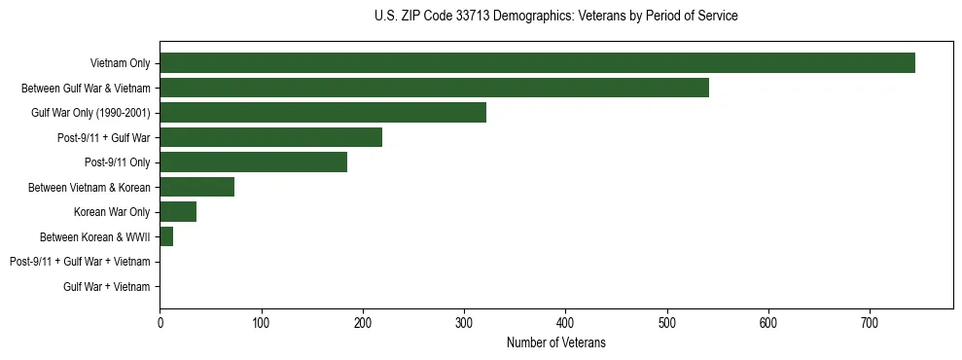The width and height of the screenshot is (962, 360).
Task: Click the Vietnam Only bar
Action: click(x=537, y=63)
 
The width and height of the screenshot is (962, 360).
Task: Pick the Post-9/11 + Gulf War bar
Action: click(x=270, y=137)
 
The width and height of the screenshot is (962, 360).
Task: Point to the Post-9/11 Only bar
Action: click(x=253, y=162)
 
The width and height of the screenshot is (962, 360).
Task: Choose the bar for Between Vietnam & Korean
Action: click(x=196, y=187)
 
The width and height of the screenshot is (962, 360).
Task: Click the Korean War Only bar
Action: click(x=178, y=212)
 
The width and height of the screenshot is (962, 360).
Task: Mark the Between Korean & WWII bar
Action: click(x=166, y=236)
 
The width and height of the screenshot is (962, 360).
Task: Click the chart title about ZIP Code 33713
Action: click(x=555, y=17)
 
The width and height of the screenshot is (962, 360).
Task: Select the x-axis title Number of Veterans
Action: click(x=555, y=342)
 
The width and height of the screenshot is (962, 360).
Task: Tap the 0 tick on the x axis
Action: click(x=160, y=323)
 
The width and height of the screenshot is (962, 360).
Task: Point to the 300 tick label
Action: click(x=464, y=323)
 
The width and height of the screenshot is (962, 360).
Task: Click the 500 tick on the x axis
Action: click(x=667, y=323)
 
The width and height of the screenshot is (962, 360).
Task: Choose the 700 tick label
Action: click(x=870, y=323)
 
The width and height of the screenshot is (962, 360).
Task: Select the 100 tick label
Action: click(x=261, y=323)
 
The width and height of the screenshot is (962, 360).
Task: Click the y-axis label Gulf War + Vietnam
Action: click(x=107, y=287)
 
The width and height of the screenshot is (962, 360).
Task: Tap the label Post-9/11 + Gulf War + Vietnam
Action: click(x=80, y=262)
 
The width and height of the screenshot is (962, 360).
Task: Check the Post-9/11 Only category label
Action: click(x=118, y=162)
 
